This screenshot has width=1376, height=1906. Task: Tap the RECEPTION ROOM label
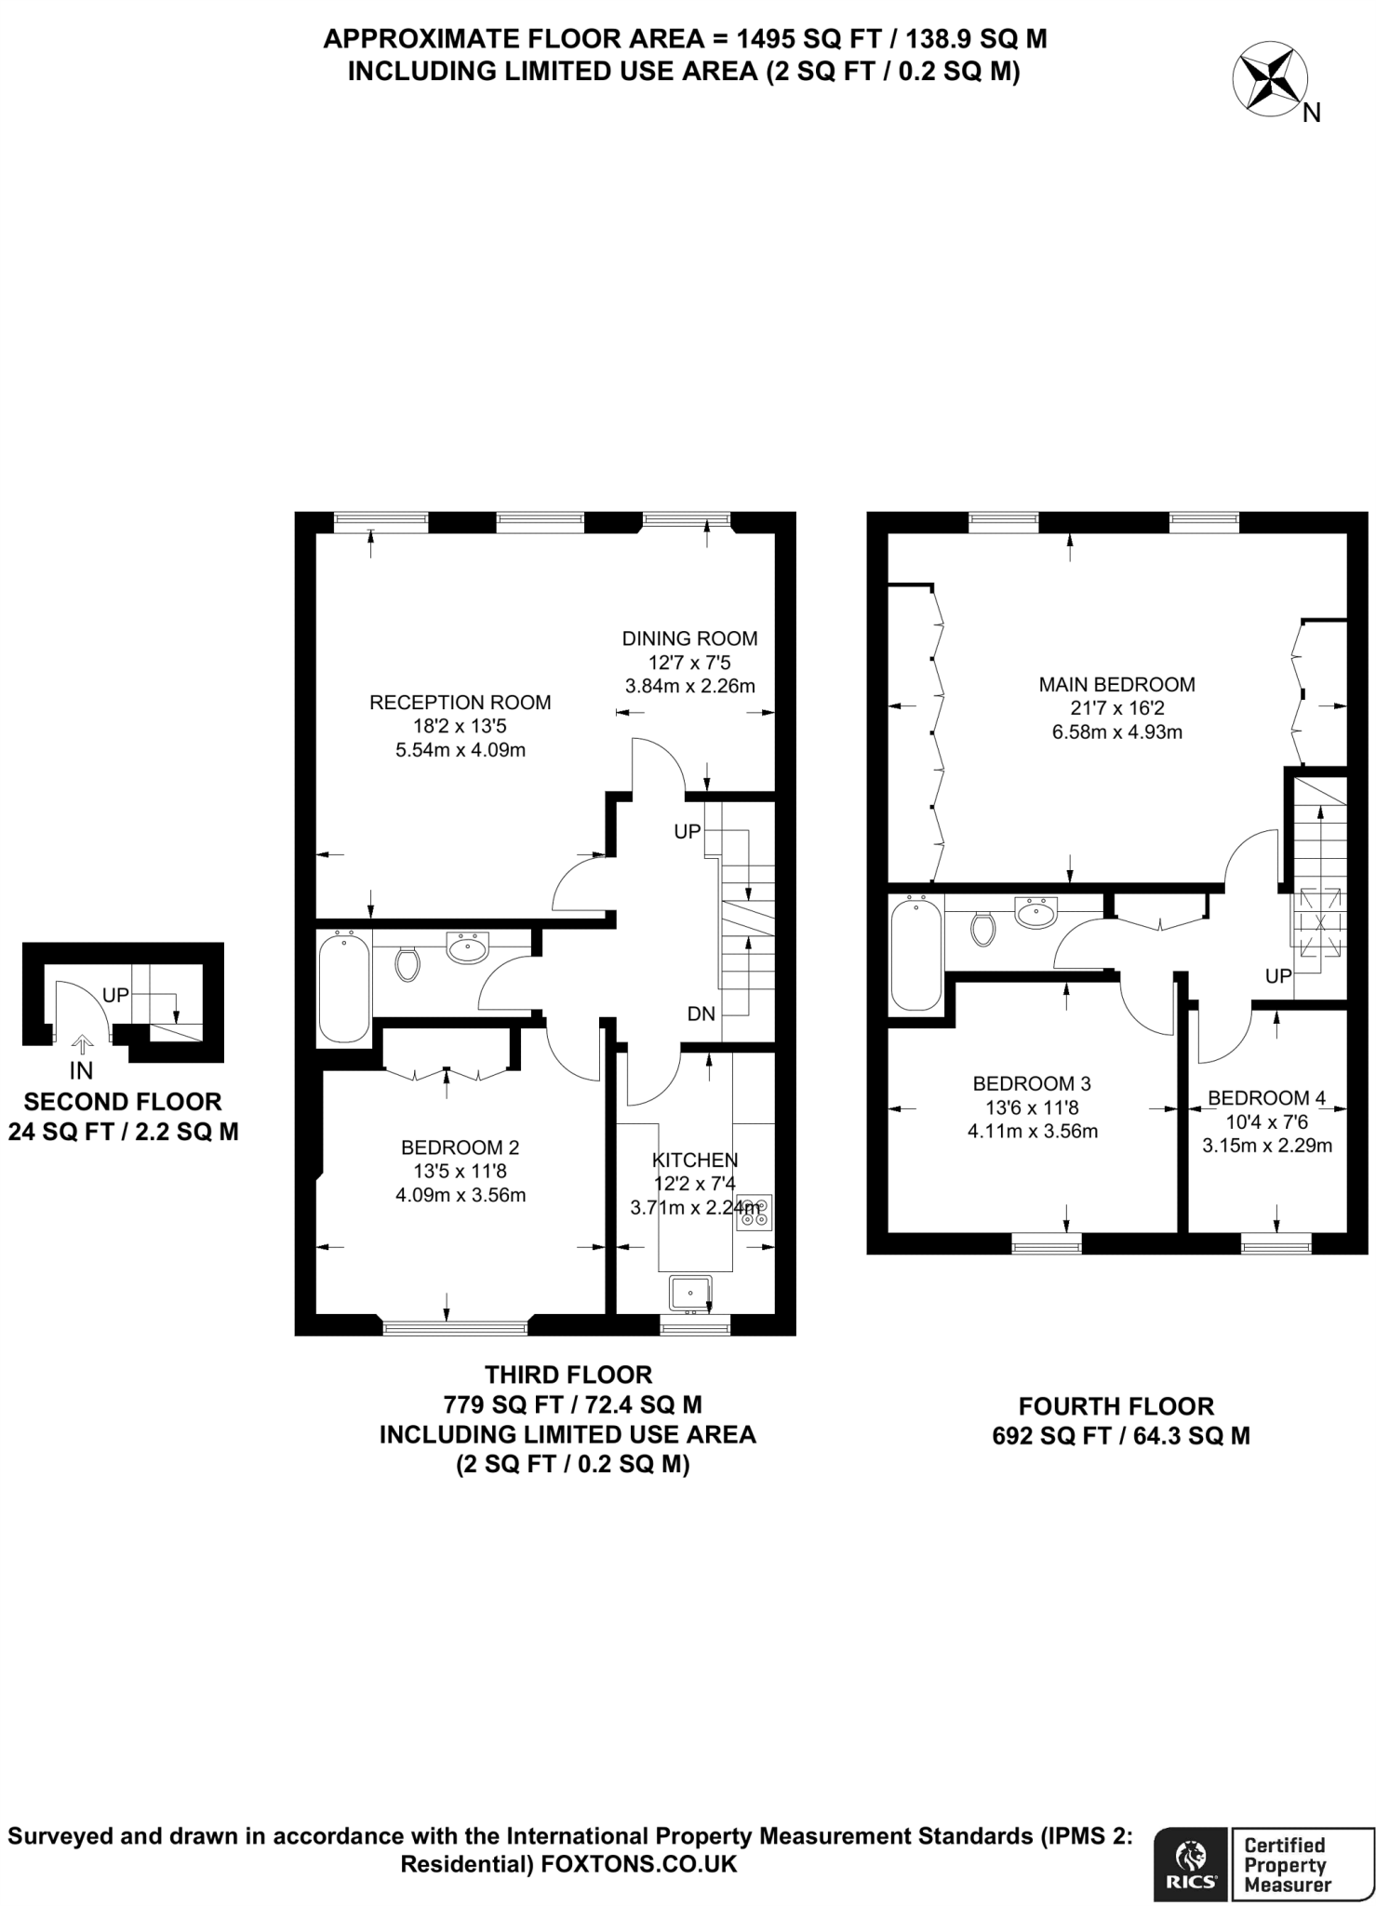coord(460,703)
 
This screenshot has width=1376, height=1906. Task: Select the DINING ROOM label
coord(689,638)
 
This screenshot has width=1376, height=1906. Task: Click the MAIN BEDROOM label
coord(1116,685)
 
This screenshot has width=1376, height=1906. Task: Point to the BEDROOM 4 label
coord(1266,1098)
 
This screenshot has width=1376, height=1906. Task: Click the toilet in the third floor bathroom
coord(407,964)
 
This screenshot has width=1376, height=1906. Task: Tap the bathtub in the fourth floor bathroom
coord(915,952)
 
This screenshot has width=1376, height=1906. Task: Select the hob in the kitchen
coord(755,1214)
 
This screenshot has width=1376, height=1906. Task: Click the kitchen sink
coord(690,1292)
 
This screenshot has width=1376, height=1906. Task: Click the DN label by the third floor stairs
coord(701,1013)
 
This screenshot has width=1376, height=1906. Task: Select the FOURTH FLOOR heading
coord(1116,1406)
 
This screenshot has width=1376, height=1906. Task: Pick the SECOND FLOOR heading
coord(123,1102)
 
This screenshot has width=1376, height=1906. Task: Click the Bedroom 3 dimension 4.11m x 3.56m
coord(1033,1132)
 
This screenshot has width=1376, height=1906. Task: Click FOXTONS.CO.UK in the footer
coord(639,1864)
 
